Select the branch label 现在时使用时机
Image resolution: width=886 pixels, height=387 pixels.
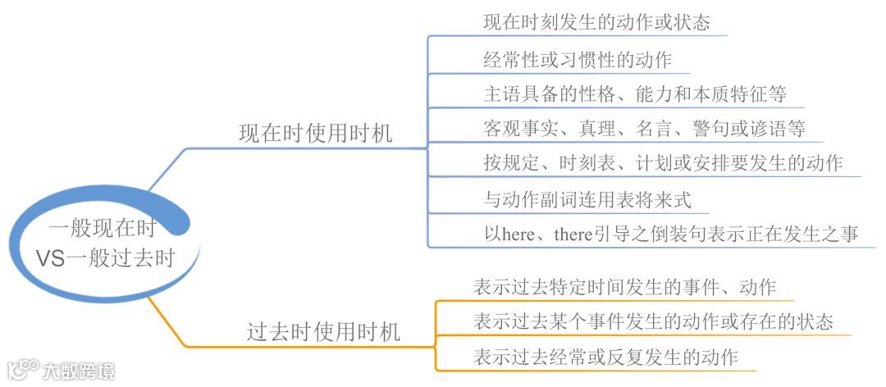coord(315,134)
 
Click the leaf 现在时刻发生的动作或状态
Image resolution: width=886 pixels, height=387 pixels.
coord(596,22)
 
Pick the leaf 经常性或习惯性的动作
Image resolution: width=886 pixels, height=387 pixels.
coord(578,59)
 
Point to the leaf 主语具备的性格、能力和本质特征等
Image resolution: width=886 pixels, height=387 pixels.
coord(634,93)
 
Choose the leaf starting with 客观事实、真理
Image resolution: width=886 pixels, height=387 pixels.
coord(643,129)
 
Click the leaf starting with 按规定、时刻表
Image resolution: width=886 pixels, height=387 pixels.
coord(663,163)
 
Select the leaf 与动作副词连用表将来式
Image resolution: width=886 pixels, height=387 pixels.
coord(587,198)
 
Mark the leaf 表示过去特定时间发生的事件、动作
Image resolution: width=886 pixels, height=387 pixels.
coord(624,287)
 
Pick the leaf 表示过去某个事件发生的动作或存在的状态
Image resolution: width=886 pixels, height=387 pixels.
coord(653,321)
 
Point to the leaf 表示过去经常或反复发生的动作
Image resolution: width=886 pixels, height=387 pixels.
coord(605,357)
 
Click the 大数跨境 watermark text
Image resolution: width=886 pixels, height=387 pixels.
coord(80,371)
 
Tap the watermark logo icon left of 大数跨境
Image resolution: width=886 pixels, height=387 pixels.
coord(22,369)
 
